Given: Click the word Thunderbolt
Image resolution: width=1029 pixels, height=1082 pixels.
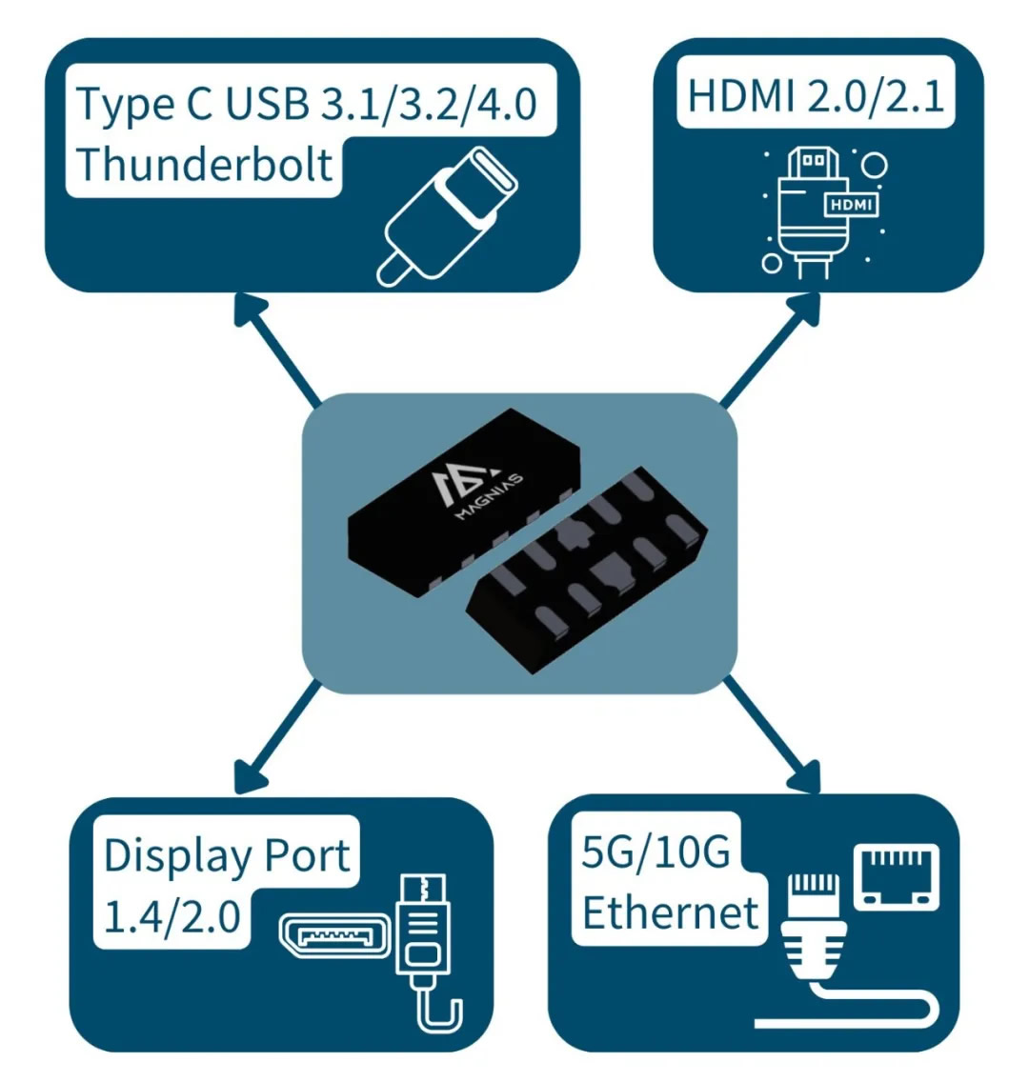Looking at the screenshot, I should coord(205,164).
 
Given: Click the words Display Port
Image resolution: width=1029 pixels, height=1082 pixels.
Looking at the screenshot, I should coord(227,855).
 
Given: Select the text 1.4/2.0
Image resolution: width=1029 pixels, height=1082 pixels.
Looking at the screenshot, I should coord(171,917).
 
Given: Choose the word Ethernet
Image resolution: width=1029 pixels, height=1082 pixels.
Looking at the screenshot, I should coord(670,913).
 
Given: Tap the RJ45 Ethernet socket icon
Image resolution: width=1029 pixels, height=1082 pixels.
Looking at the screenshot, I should coord(896,875).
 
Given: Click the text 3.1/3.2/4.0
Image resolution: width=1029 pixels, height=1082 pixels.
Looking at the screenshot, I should coord(428,103).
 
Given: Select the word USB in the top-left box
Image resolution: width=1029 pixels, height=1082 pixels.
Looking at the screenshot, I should coord(267,103).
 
